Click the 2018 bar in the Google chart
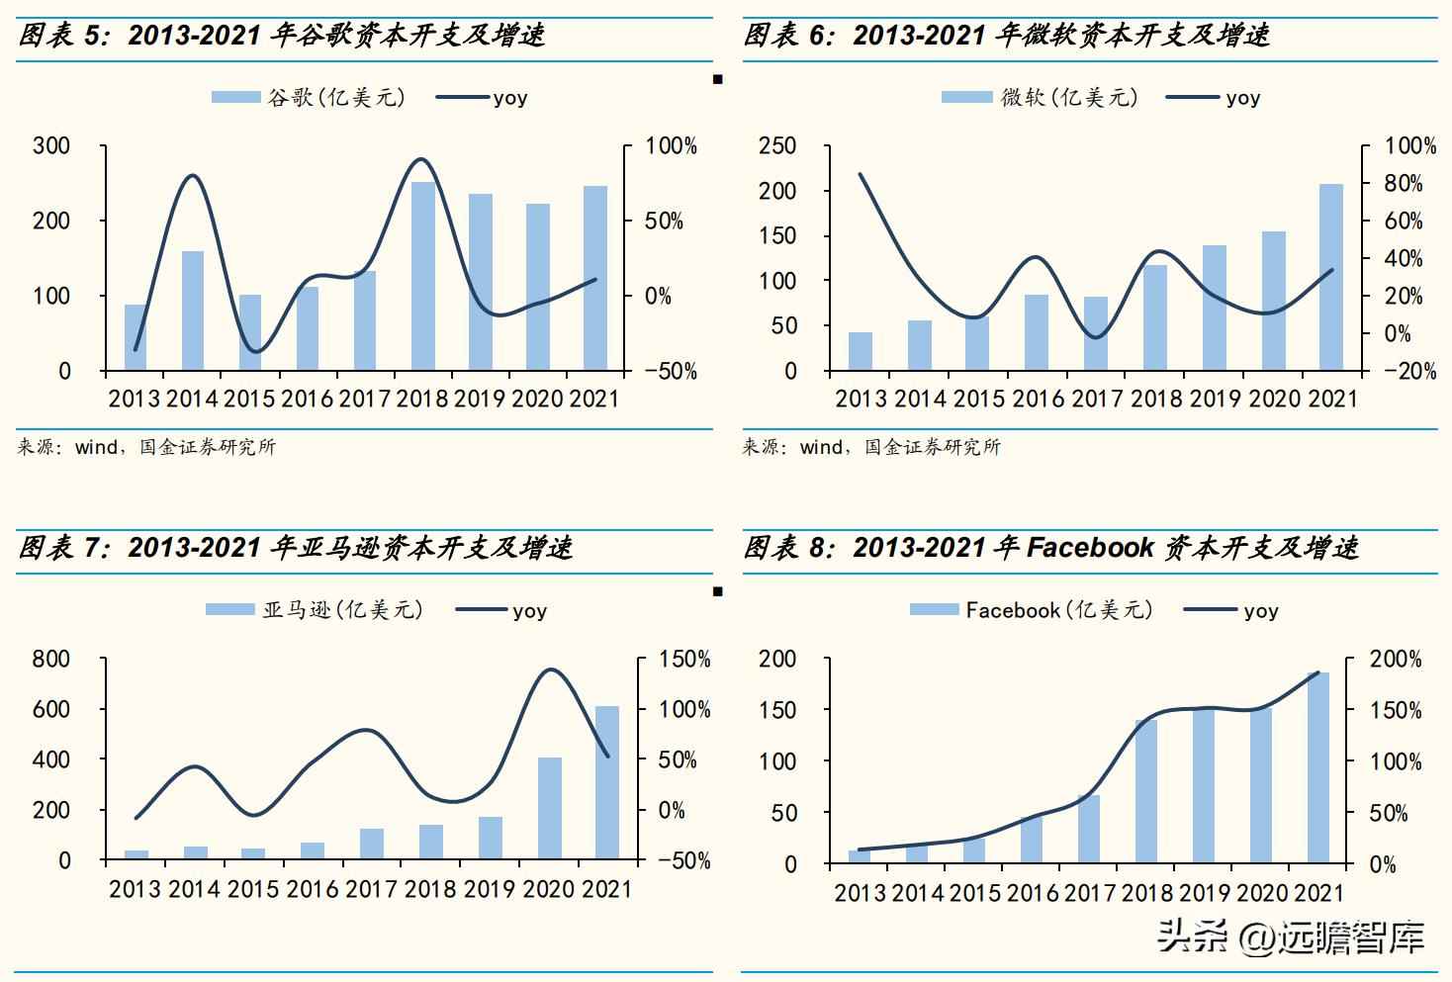point(423,277)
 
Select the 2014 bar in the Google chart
point(193,312)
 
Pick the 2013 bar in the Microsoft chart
point(861,352)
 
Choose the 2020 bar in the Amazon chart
point(550,808)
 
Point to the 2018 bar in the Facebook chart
point(1146,791)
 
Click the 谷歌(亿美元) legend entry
point(309,97)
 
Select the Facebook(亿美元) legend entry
point(1032,610)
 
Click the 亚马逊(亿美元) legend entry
point(315,610)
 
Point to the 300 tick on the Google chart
point(51,146)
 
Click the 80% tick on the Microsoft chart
point(1404,184)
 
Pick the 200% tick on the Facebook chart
point(1396,660)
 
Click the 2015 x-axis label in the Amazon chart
point(252,889)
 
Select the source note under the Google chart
point(146,447)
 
